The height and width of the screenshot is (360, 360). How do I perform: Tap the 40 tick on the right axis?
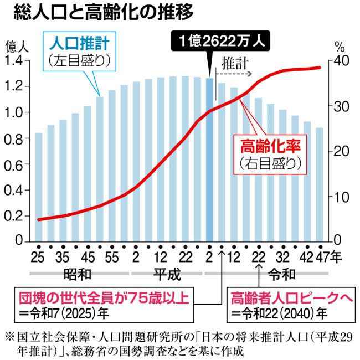(x=342, y=60)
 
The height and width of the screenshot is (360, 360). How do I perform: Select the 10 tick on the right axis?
(x=342, y=197)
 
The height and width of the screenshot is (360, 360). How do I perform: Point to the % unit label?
(x=340, y=46)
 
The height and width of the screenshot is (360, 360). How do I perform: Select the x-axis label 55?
(x=112, y=257)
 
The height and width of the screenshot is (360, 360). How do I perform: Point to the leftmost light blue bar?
(x=39, y=187)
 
